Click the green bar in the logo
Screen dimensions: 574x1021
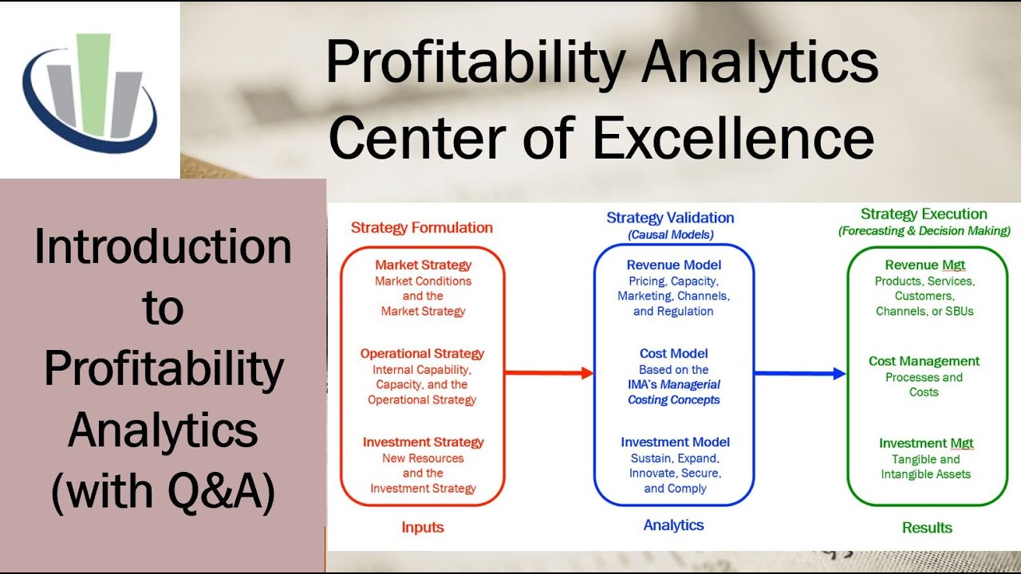pyautogui.click(x=93, y=88)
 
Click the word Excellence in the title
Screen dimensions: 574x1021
pyautogui.click(x=733, y=136)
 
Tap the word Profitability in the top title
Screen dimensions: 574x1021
pyautogui.click(x=471, y=63)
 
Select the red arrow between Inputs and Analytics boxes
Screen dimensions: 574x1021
pyautogui.click(x=550, y=372)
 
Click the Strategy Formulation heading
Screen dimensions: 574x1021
pyautogui.click(x=422, y=227)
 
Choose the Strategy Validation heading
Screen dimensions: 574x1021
pyautogui.click(x=670, y=218)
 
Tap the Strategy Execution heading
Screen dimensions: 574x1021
pyautogui.click(x=924, y=214)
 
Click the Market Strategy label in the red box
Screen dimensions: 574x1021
pyautogui.click(x=423, y=265)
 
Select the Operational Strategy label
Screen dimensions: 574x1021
pyautogui.click(x=422, y=353)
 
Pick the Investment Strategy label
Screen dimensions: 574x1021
pyautogui.click(x=423, y=442)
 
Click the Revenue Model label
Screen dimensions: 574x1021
pyautogui.click(x=673, y=265)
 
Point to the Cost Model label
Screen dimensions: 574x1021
pyautogui.click(x=673, y=353)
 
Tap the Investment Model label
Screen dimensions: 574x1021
pyautogui.click(x=675, y=442)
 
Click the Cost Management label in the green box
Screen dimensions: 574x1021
pyautogui.click(x=924, y=361)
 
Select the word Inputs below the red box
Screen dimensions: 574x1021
pyautogui.click(x=422, y=527)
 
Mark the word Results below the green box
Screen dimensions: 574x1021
pyautogui.click(x=927, y=527)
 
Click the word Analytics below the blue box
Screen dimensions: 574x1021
pyautogui.click(x=673, y=525)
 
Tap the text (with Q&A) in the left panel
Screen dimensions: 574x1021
pyautogui.click(x=163, y=493)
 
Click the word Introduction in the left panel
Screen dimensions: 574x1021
pyautogui.click(x=163, y=247)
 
